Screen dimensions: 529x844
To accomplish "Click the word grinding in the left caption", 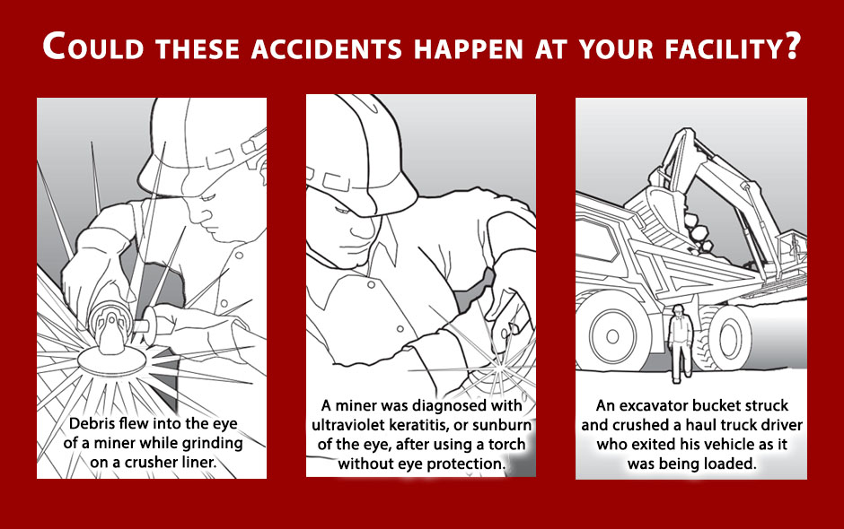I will [212, 443].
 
